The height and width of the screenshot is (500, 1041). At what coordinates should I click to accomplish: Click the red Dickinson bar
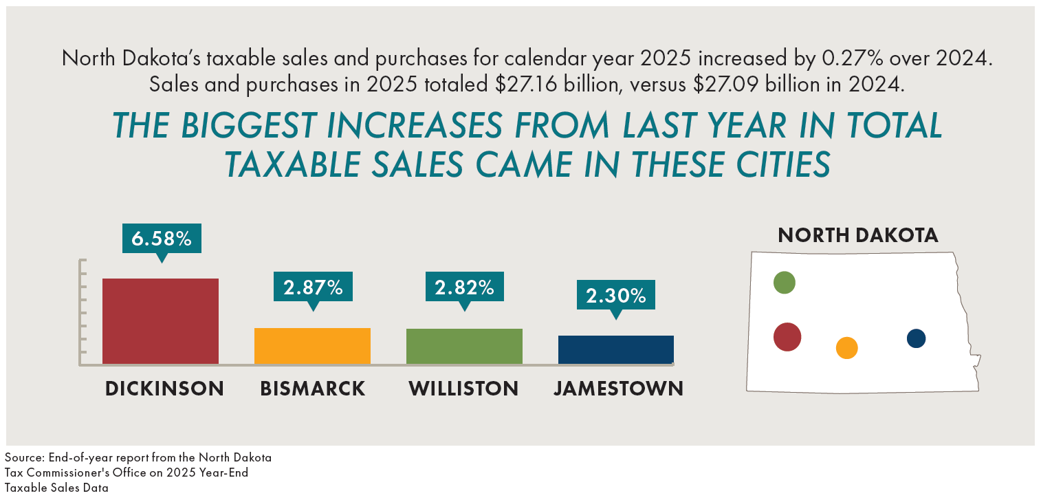(x=160, y=320)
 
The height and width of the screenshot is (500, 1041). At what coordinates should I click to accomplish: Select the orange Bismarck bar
(x=312, y=345)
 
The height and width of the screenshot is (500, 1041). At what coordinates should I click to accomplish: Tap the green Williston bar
(x=464, y=346)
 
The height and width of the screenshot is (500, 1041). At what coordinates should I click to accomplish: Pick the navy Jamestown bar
(x=615, y=349)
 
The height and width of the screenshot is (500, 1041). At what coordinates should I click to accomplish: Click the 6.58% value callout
(x=162, y=239)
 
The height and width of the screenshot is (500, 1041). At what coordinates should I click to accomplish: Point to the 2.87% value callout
(x=314, y=287)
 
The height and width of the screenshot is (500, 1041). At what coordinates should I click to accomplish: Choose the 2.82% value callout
(x=464, y=287)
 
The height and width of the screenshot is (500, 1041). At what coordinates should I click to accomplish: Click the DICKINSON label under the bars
(x=164, y=389)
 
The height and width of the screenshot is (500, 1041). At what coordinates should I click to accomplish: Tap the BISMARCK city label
(x=313, y=389)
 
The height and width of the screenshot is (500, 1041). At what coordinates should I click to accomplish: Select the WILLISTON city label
(x=463, y=389)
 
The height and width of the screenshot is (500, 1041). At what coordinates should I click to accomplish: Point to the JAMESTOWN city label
(x=618, y=389)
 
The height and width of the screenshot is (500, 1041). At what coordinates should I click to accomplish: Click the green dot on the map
(x=784, y=282)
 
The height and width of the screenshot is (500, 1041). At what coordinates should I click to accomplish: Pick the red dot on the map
(x=787, y=337)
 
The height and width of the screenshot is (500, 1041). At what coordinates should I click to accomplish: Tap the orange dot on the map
(x=846, y=347)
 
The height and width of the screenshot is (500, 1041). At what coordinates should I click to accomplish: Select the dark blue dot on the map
(x=916, y=338)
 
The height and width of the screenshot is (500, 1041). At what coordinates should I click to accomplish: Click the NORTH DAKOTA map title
(x=857, y=235)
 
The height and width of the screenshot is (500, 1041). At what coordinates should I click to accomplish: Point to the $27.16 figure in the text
(x=523, y=85)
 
